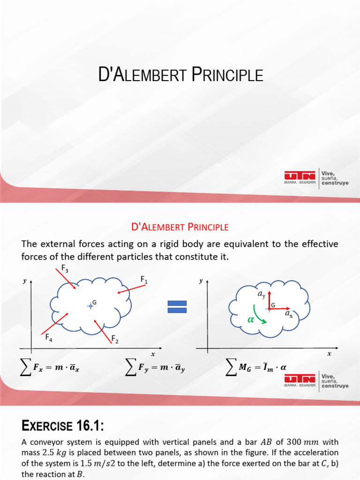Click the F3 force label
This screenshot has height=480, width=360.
click(65, 269)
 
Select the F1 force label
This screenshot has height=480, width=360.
click(144, 280)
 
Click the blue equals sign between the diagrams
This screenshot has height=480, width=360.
click(177, 307)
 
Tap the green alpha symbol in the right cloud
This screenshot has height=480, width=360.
click(251, 319)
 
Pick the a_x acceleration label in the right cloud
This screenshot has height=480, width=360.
click(289, 315)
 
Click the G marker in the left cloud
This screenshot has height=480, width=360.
click(90, 306)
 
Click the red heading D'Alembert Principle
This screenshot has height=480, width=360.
click(180, 227)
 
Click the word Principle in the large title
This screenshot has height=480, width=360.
click(226, 75)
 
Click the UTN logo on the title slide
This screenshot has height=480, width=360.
click(300, 177)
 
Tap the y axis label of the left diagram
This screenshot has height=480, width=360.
click(24, 281)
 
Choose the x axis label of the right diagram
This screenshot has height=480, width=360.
click(329, 354)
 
